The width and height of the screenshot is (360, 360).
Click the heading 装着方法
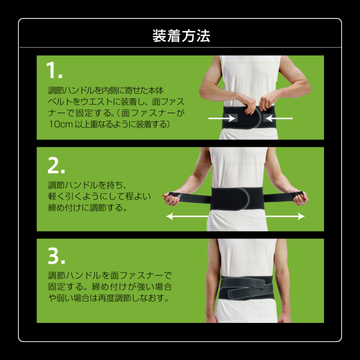pos(181,36)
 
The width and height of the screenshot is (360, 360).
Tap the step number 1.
pos(54,70)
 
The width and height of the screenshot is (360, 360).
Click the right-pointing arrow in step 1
pos(222,119)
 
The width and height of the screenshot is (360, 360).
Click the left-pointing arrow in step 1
pos(279,119)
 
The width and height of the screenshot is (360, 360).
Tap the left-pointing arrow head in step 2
pos(169,216)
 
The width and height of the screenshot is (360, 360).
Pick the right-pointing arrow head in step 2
pos(301,216)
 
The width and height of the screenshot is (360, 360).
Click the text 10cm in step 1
pos(61,124)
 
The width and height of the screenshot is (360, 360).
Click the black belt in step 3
pos(246,288)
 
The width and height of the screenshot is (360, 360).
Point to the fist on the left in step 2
pos(172,199)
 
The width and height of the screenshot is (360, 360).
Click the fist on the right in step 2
pos(300,198)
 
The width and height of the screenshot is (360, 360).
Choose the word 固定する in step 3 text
pos(66,286)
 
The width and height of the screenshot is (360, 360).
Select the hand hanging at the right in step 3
pos(283,317)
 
